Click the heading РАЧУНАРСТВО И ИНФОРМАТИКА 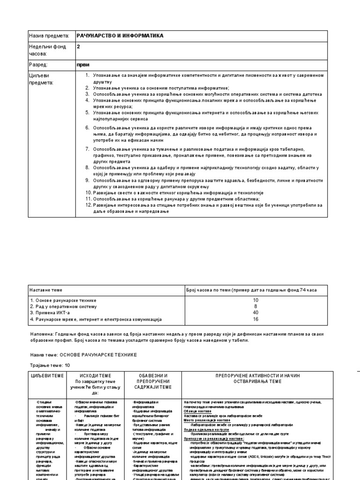point(120,36)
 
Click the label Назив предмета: point(49,36)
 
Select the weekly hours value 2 point(79,46)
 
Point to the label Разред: point(39,64)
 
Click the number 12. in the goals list point(88,205)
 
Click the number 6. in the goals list point(88,127)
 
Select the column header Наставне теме point(46,290)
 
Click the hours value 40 point(255,312)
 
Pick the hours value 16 point(255,319)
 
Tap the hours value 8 point(255,306)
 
